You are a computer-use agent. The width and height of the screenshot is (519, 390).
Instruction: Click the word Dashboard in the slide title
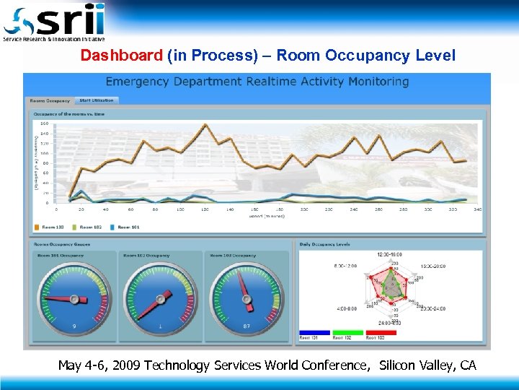(x=122, y=56)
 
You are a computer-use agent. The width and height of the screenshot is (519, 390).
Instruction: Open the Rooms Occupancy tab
(x=50, y=100)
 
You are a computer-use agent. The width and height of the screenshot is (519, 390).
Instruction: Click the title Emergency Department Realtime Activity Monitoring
(x=257, y=82)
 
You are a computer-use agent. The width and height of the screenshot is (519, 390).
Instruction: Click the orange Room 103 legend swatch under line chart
(x=37, y=227)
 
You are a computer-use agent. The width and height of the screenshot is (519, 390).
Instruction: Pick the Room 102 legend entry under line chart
(x=89, y=227)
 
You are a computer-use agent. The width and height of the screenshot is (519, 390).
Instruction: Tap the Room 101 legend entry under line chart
(x=128, y=227)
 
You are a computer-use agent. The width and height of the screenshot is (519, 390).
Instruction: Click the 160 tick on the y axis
(x=45, y=123)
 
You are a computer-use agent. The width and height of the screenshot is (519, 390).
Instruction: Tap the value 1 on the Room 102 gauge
(x=159, y=326)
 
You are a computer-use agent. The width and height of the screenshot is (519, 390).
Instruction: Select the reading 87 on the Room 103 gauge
(x=246, y=326)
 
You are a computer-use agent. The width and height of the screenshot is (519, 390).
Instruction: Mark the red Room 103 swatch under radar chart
(x=381, y=333)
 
